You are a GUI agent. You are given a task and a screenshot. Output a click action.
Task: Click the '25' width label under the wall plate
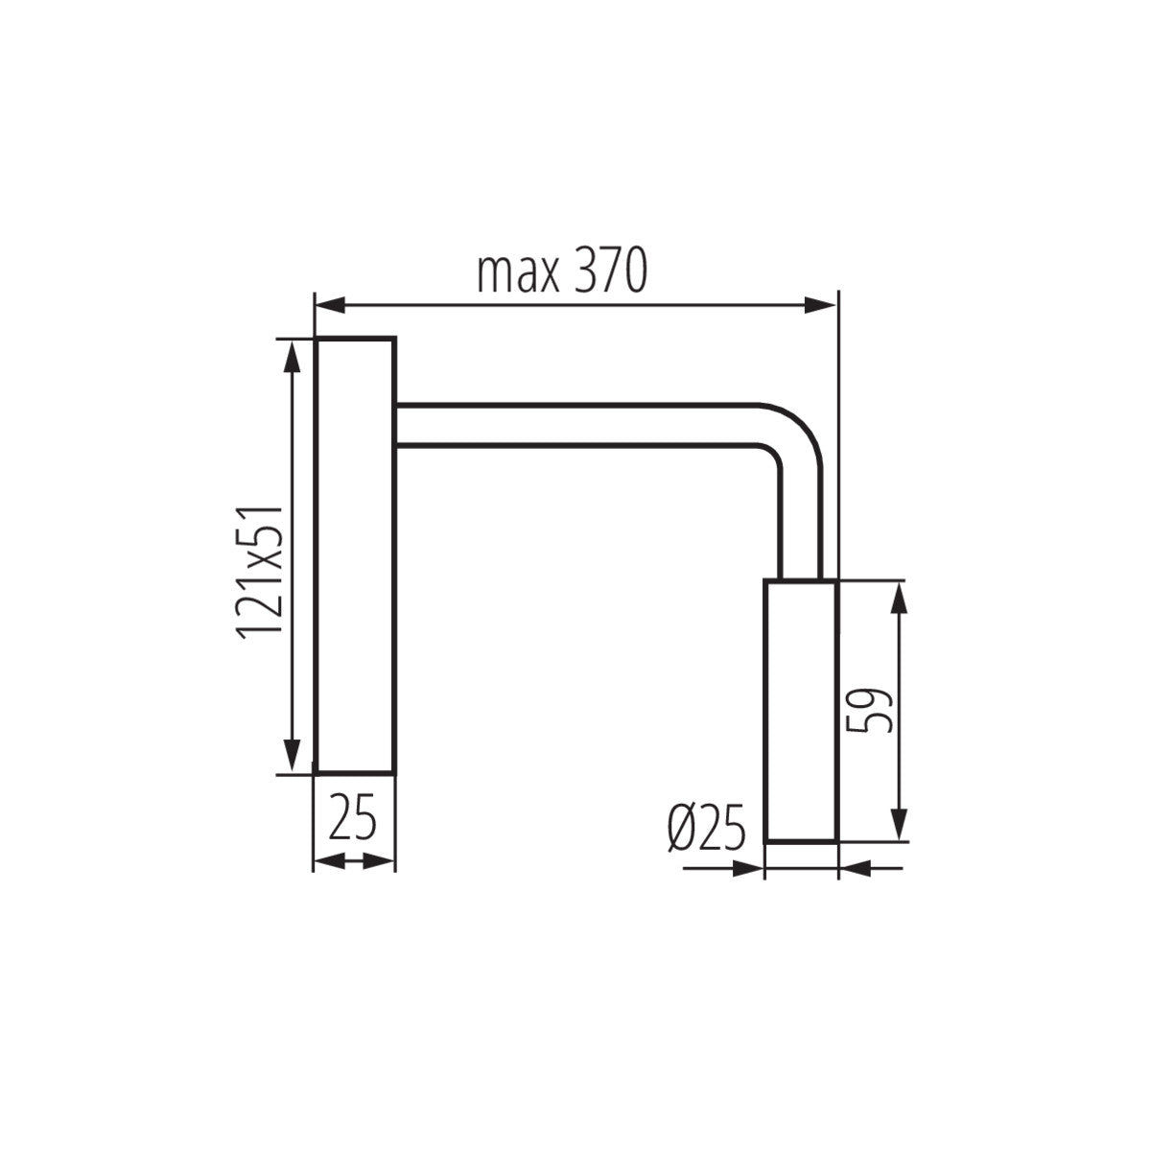click(x=354, y=819)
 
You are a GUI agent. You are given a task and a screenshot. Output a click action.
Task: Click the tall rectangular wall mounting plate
click(x=355, y=556)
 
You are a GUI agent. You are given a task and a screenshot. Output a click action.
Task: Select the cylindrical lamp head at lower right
click(x=801, y=710)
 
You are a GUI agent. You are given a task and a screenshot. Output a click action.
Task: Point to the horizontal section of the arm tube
click(x=575, y=424)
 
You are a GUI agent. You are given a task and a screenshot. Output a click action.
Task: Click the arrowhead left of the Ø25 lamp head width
click(x=748, y=869)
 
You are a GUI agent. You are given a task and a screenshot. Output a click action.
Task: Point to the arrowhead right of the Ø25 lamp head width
click(x=854, y=869)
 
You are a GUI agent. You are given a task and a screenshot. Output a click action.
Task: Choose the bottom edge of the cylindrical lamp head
click(x=801, y=841)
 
